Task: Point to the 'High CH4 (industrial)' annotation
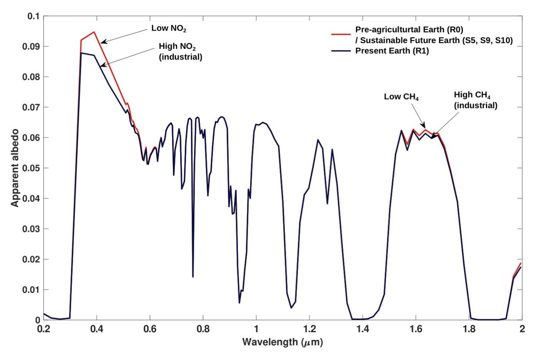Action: tap(475, 100)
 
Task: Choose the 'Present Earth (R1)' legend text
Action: tap(390, 51)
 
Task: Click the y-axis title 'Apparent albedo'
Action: tap(15, 168)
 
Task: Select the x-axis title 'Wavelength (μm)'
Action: tap(283, 342)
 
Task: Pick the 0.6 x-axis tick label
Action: tap(150, 329)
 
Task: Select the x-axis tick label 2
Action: tap(521, 329)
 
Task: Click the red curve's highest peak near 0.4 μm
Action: tap(94, 32)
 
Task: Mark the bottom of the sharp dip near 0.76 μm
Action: tap(193, 276)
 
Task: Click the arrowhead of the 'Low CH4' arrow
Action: tap(424, 127)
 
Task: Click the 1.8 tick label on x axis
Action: tap(468, 329)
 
